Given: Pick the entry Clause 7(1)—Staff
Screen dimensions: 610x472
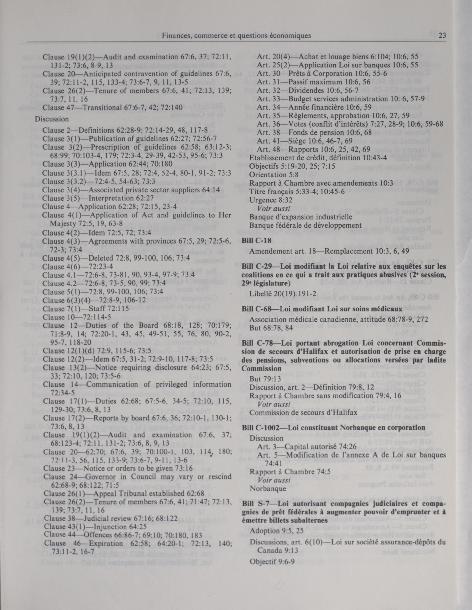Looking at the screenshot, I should [85, 309].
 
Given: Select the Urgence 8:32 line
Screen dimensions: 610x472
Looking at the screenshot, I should [267, 200].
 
